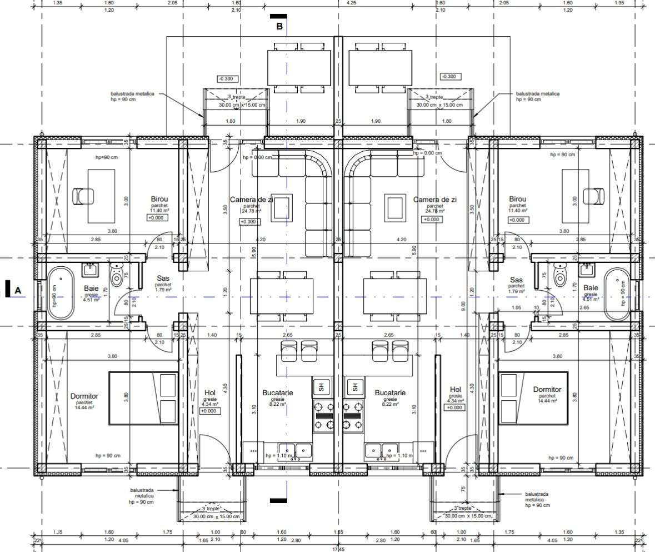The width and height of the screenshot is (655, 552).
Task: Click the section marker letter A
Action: [18, 290]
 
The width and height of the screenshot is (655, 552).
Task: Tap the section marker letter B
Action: [279, 26]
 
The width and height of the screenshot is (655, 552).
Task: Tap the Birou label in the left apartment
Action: [159, 199]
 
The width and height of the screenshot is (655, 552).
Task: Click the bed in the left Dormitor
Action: [143, 399]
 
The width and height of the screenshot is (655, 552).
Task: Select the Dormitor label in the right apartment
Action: [547, 390]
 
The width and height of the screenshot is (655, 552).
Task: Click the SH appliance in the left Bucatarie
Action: [322, 386]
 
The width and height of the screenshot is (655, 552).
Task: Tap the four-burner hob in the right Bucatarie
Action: [353, 415]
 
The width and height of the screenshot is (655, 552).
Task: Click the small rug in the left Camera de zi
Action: [281, 208]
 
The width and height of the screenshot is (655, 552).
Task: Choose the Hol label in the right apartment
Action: [456, 390]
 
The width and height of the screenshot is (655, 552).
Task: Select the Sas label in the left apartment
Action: [163, 279]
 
